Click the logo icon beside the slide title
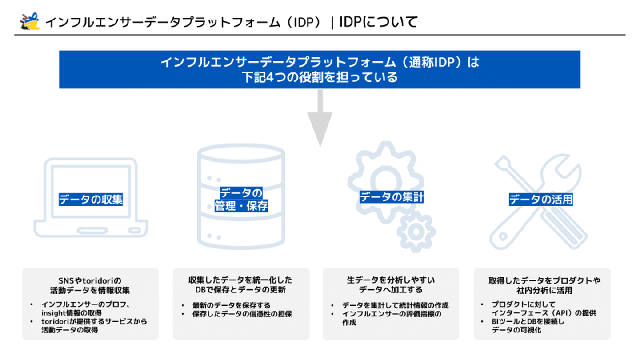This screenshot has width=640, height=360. (30, 21)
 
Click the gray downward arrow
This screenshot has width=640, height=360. (320, 118)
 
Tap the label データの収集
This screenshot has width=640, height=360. (91, 199)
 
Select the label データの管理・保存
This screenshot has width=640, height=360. (241, 200)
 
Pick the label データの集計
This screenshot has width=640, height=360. (392, 197)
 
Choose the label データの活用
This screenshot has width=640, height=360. (541, 199)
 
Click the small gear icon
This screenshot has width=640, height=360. (416, 232)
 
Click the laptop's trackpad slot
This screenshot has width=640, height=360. (92, 230)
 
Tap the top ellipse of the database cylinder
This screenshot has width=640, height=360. (241, 153)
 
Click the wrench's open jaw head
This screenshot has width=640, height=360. (561, 169)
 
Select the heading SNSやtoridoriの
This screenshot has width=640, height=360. (90, 280)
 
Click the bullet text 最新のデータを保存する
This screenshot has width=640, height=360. (231, 305)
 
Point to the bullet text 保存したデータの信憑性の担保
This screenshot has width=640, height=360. (242, 314)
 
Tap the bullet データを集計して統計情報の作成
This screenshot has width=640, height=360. (396, 305)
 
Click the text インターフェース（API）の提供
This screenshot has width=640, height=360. (544, 313)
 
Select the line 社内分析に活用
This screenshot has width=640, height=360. (544, 290)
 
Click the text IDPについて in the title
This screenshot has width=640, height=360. (378, 22)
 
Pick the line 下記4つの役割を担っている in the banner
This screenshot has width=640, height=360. (320, 77)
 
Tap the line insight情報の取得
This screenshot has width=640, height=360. (72, 313)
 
